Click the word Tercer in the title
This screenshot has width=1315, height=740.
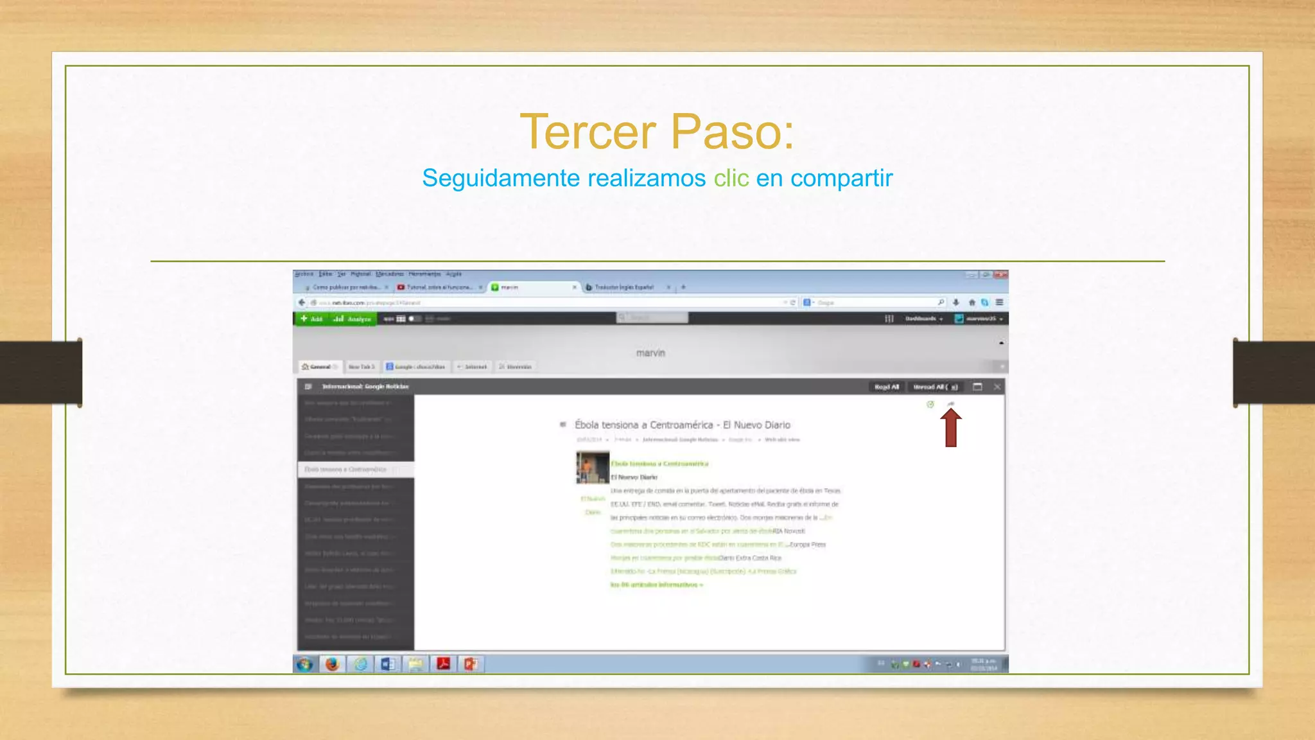coord(588,132)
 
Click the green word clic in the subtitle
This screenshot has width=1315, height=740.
coord(731,178)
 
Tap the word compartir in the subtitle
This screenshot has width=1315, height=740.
coord(841,178)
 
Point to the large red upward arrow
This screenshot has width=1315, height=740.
coord(951,428)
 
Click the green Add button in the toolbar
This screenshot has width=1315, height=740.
coord(312,319)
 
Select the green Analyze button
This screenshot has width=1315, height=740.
coord(353,319)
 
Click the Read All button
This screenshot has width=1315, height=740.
coord(887,387)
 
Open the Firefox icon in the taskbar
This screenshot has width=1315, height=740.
coord(332,664)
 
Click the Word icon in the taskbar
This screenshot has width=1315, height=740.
coord(388,664)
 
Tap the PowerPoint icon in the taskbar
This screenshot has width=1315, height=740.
coord(471,664)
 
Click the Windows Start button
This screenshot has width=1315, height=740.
coord(304,664)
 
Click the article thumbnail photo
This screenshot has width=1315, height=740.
coord(592,467)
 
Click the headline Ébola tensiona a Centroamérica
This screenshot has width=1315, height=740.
coord(682,425)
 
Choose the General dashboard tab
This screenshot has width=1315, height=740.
coord(319,367)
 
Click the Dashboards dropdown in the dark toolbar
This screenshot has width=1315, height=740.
coord(924,319)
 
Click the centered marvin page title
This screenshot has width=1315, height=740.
coord(650,353)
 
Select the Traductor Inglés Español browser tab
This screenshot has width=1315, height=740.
coord(623,287)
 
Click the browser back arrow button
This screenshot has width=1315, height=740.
coord(302,303)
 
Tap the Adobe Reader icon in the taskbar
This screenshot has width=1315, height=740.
coord(443,664)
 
